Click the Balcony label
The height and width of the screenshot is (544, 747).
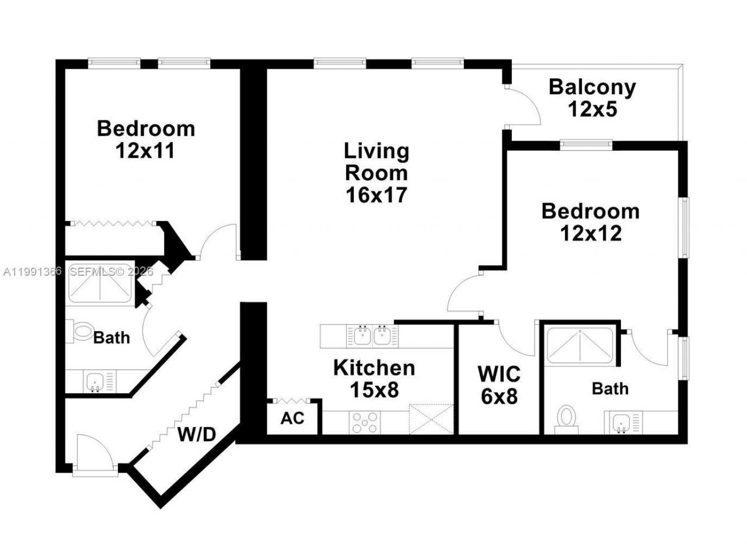(592, 88)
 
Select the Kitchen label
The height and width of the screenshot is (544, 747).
(374, 368)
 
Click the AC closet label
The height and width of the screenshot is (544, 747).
(291, 419)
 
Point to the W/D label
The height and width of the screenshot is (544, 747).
(197, 434)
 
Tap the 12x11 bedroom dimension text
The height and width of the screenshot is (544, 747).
(145, 151)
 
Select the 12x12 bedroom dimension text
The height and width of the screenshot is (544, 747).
(591, 233)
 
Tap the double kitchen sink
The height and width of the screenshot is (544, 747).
(372, 335)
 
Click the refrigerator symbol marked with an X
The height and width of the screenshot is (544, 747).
(431, 418)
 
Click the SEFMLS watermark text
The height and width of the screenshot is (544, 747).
(111, 271)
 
